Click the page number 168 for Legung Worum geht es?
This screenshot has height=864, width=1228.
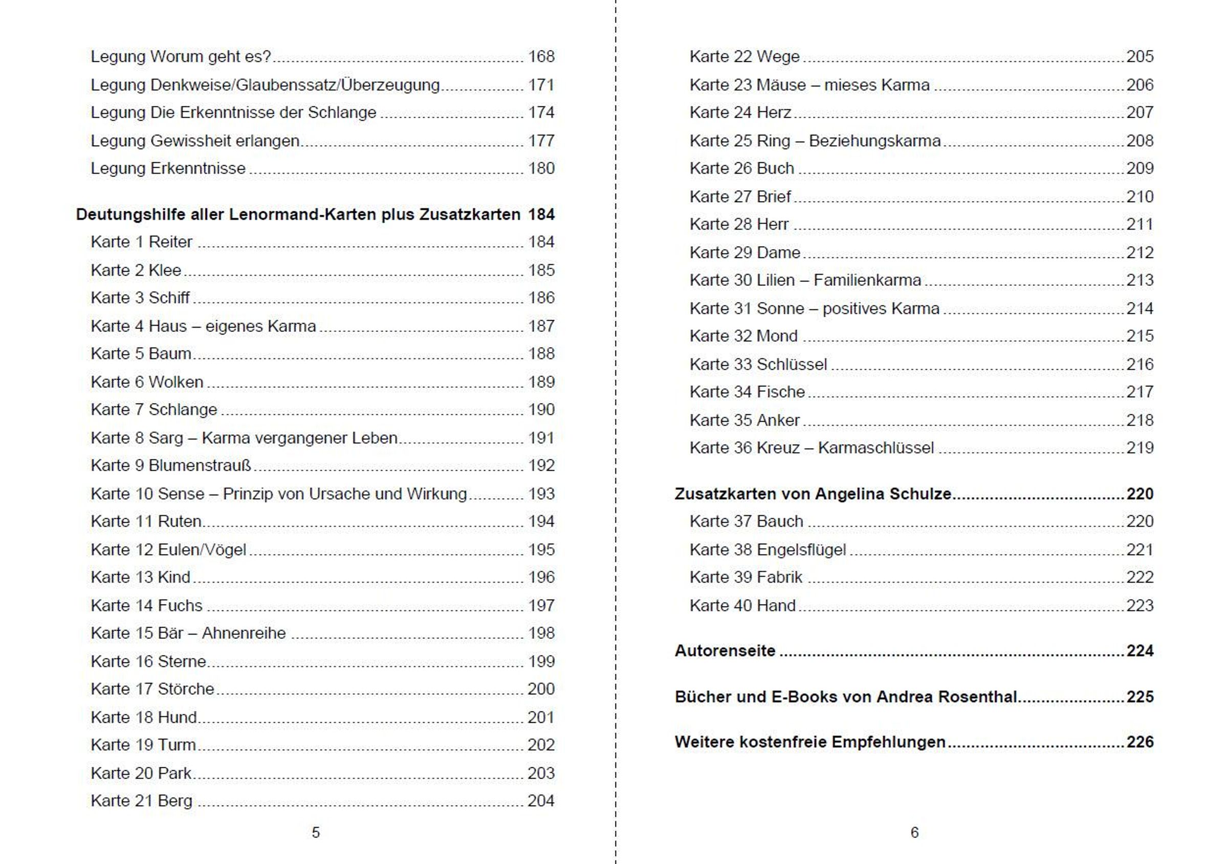click(541, 57)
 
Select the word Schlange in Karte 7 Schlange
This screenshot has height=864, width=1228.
click(182, 410)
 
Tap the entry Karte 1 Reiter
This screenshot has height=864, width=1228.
click(141, 242)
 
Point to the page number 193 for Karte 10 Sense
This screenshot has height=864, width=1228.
click(541, 494)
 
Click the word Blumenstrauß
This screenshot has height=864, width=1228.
click(200, 466)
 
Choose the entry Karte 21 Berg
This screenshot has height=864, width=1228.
click(141, 801)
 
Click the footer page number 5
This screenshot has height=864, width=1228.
click(316, 832)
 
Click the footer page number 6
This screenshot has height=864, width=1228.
click(914, 832)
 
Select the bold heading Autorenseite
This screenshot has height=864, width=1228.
click(725, 651)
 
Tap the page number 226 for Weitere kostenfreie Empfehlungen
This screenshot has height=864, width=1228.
click(1140, 742)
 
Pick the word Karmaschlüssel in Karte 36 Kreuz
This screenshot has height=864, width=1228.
click(875, 448)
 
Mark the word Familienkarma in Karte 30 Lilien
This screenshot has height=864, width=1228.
click(867, 280)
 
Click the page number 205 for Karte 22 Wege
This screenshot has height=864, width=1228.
click(1140, 57)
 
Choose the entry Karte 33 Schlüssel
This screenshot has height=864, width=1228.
click(758, 365)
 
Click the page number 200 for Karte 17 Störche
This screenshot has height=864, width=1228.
click(541, 689)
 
